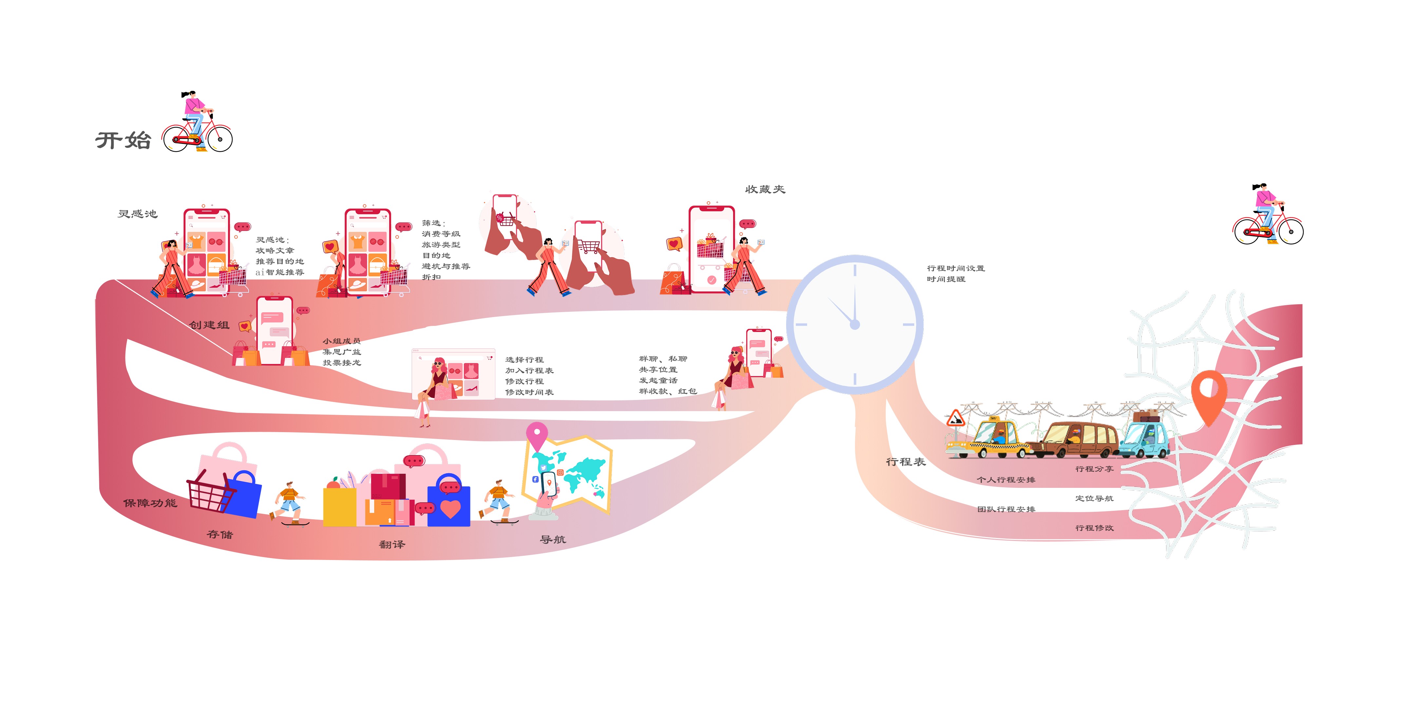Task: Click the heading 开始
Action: (123, 140)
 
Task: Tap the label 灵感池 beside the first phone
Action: (137, 214)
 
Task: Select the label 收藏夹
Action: (764, 190)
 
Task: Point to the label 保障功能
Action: (150, 503)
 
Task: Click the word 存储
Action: (220, 534)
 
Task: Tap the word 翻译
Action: (392, 545)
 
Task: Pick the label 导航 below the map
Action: (553, 540)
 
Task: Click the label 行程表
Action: (906, 462)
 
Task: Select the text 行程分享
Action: (1094, 469)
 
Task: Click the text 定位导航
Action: (1094, 499)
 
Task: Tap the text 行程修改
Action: (1094, 528)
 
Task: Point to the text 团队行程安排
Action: (1006, 509)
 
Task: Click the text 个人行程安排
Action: (1006, 480)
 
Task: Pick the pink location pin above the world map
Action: (537, 434)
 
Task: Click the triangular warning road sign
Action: (956, 419)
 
